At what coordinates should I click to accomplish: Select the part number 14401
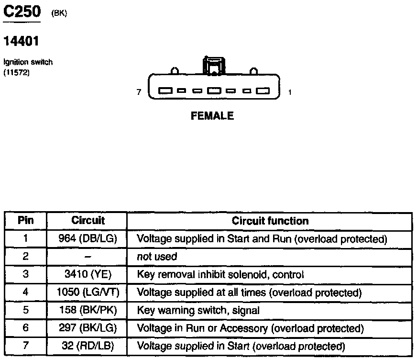click(21, 42)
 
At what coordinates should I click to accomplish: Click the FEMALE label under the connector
click(212, 116)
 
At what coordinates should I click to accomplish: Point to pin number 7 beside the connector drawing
click(139, 92)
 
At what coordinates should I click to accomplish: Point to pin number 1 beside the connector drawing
click(290, 92)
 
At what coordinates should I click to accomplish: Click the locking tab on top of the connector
click(213, 66)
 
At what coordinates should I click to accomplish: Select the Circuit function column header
click(270, 221)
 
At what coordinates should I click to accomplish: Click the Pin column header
click(25, 221)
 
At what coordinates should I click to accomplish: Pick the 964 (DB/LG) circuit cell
click(88, 238)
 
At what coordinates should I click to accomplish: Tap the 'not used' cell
click(157, 257)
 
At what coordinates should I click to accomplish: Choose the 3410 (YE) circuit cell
click(88, 274)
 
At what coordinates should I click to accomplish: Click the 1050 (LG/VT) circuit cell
click(88, 292)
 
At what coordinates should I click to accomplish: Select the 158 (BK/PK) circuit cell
click(88, 310)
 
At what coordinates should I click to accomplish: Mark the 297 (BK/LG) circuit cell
click(88, 328)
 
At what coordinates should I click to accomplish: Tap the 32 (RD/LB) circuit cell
click(88, 346)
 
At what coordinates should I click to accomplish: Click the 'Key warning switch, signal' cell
click(198, 310)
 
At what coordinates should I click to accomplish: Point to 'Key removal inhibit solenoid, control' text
click(220, 274)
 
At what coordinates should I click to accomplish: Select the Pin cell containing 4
click(25, 292)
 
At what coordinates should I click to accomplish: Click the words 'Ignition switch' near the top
click(28, 62)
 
